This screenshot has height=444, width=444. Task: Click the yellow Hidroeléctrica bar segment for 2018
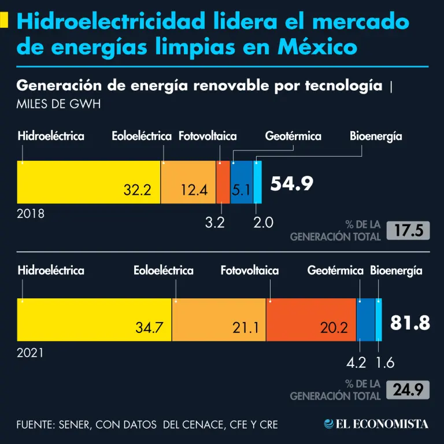point(87,182)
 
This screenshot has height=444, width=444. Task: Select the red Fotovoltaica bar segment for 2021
point(311,320)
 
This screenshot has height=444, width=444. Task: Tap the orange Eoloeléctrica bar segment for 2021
point(219,320)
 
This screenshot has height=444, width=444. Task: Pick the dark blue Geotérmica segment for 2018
point(242,182)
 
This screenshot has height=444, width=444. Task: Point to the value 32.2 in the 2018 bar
point(138,190)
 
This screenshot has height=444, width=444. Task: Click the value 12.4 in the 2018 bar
point(194,190)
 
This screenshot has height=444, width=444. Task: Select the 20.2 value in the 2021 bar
point(334,328)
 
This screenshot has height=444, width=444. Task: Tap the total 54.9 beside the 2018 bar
point(292,184)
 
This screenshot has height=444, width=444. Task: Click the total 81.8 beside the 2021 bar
point(410,323)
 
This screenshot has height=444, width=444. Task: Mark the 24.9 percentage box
point(409,390)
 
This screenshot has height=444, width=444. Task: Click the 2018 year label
point(31,214)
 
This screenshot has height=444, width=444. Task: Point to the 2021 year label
point(31,352)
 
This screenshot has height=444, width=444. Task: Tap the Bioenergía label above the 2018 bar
point(376,136)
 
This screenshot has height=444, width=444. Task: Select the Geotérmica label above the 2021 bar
point(335,271)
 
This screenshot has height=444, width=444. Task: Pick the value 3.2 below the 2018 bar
point(214,223)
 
